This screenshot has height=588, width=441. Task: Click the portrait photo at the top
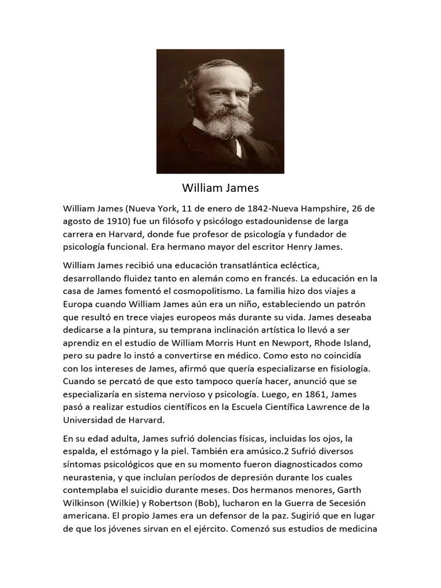220,111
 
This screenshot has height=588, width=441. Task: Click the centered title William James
220,188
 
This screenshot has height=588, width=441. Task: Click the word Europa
78,304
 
